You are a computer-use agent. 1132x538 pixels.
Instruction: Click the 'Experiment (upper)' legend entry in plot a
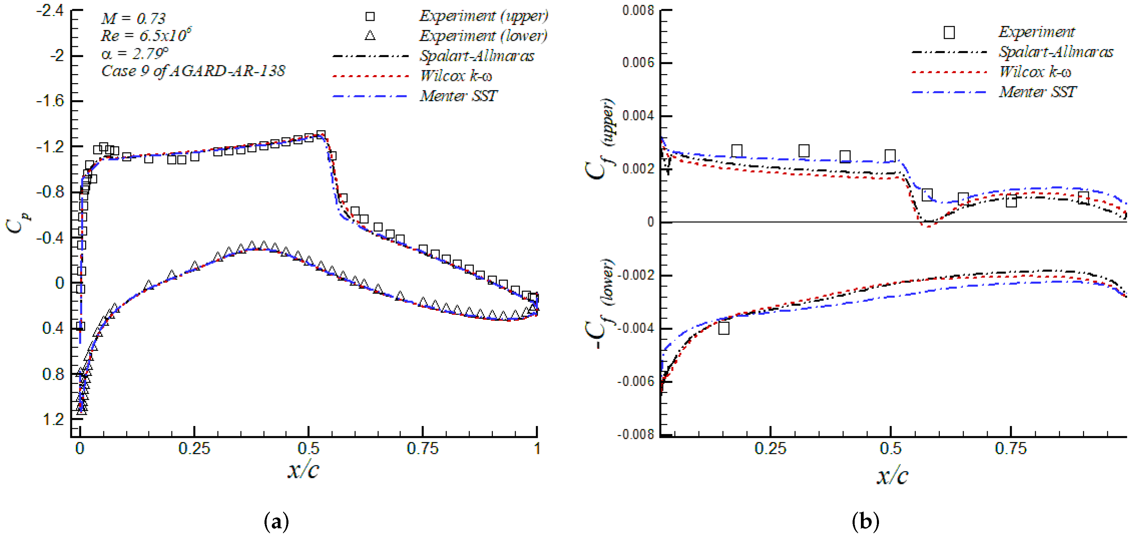[x=483, y=16]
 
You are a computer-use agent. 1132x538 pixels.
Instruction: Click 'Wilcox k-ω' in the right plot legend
[x=1035, y=72]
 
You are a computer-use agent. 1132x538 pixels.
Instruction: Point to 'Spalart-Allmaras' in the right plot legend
[x=1056, y=52]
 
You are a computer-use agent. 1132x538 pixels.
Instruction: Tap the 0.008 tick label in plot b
[x=638, y=10]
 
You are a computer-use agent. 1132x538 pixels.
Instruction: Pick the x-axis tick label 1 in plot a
[x=537, y=448]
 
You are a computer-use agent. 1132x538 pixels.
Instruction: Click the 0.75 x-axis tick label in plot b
[x=1011, y=448]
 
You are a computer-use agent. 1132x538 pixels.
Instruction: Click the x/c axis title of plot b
[x=892, y=476]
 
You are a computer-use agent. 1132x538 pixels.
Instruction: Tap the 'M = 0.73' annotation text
[x=133, y=18]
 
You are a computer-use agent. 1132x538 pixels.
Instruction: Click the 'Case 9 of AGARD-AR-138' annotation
[x=193, y=71]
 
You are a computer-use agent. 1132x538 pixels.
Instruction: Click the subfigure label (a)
[x=276, y=522]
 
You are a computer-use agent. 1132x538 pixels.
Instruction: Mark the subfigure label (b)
[x=865, y=522]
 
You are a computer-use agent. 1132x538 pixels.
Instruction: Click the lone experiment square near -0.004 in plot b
[x=723, y=328]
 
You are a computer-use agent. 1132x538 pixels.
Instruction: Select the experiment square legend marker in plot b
[x=949, y=32]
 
